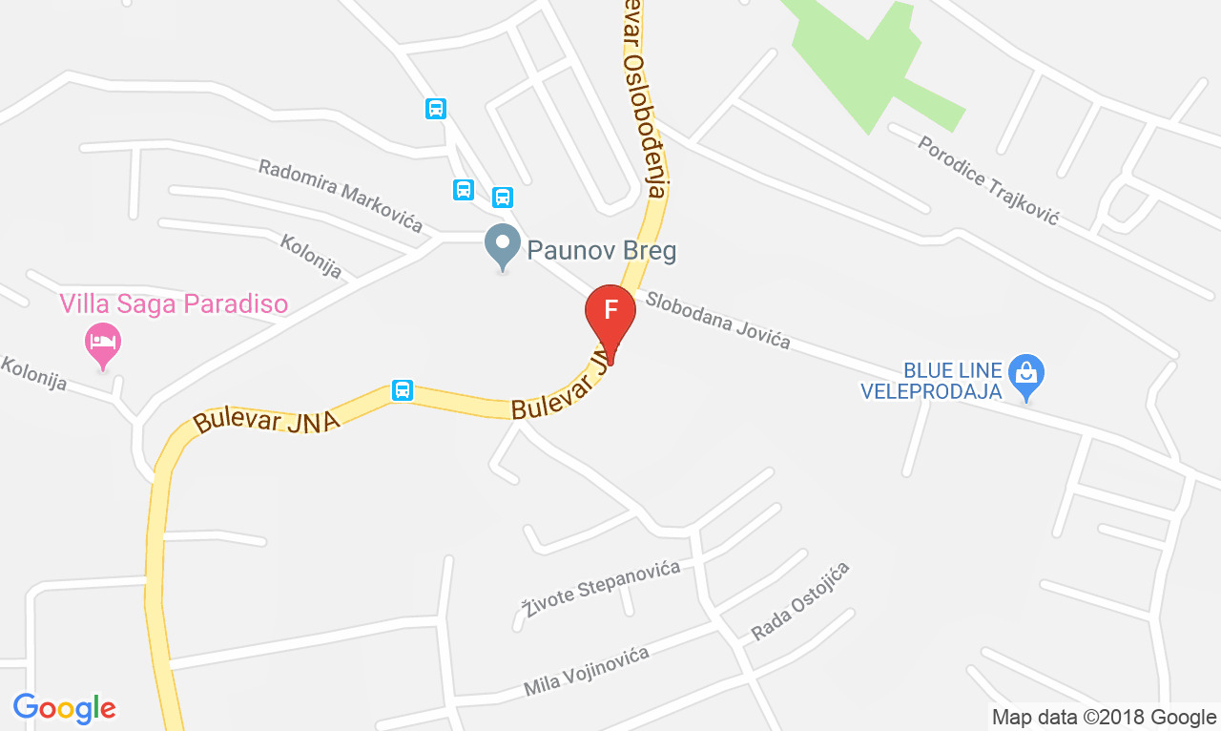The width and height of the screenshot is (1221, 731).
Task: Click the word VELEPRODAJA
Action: coord(931,391)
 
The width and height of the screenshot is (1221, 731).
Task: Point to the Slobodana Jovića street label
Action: coord(717,319)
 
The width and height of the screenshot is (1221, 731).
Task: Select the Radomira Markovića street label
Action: coord(341,195)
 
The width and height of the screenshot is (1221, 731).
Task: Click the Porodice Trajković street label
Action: coord(988,179)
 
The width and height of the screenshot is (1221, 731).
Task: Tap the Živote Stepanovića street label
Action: coord(601,587)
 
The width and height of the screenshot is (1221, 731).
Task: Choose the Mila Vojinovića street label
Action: coord(586,671)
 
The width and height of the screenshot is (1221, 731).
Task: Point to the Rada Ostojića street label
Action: coord(799,601)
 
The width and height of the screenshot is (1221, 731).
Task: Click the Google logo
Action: coord(64,708)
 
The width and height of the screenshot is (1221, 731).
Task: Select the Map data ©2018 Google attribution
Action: coord(1104,717)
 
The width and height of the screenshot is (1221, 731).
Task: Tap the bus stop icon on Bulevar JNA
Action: coord(403,389)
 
